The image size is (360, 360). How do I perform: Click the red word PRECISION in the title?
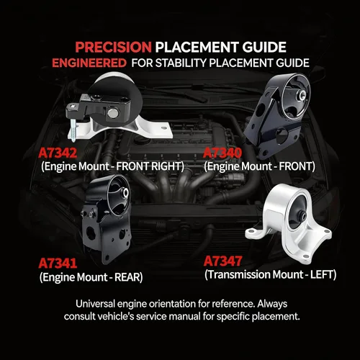point(113,47)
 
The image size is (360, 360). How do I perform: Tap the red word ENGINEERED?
point(89,63)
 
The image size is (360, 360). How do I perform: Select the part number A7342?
point(58,153)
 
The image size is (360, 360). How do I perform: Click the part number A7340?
point(222,153)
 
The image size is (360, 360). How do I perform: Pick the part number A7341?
point(58,263)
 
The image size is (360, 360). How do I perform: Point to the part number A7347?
point(222,261)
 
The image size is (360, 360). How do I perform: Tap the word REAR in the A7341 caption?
point(127,277)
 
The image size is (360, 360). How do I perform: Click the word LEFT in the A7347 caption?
point(321,274)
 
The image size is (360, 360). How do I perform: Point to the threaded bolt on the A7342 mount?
point(74,131)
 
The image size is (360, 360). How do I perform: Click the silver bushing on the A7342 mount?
point(112,113)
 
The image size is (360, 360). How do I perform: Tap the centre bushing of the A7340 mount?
point(302,96)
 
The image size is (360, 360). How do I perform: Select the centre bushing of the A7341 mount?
point(125,193)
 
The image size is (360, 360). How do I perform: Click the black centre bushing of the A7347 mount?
point(302,215)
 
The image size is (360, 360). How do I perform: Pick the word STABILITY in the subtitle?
point(181,63)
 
